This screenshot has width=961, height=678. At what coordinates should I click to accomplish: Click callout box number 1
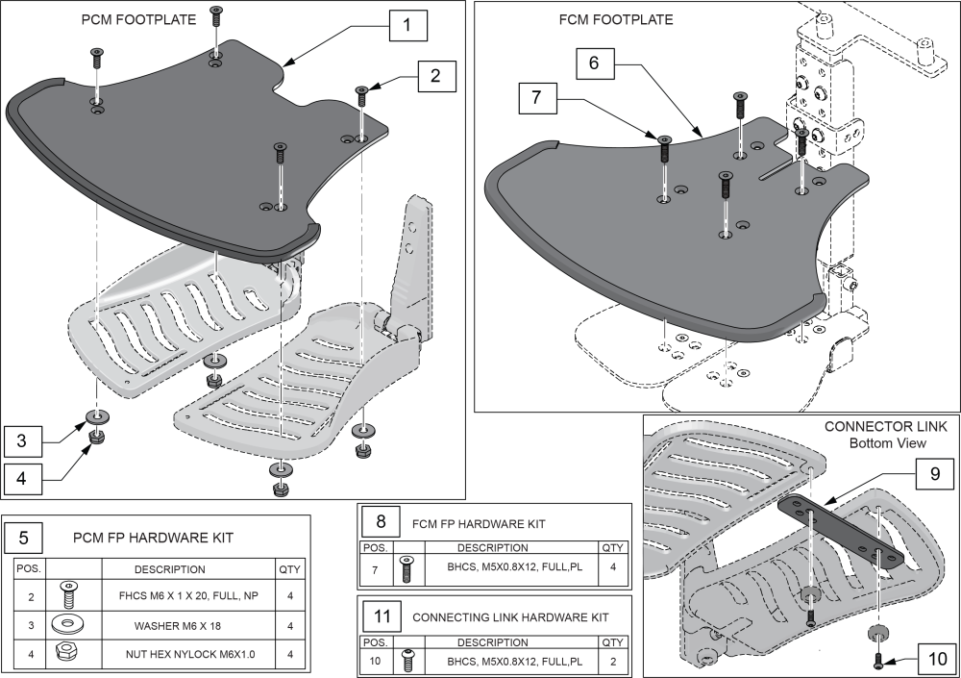pos(407,26)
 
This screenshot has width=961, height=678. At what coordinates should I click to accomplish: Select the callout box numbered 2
pos(435,75)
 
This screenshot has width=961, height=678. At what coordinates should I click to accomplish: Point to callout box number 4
pos(22,474)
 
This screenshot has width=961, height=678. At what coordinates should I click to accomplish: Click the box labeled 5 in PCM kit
pos(23,536)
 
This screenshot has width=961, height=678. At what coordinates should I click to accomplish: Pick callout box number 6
pos(594,63)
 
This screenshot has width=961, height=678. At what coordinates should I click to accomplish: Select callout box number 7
pos(535,98)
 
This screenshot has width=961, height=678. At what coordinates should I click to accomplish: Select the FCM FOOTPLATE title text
pos(628,19)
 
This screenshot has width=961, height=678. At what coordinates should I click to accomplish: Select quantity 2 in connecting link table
pos(613,663)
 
